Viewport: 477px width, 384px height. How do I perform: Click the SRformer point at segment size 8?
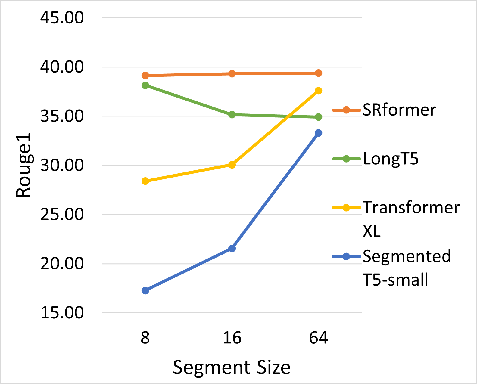point(145,75)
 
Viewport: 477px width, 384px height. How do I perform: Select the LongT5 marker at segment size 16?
point(232,115)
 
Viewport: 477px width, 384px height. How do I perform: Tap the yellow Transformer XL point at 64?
point(318,91)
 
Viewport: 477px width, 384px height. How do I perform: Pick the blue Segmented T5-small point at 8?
point(145,290)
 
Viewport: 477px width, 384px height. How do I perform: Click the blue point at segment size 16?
point(232,248)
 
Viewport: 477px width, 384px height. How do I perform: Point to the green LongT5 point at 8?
point(145,85)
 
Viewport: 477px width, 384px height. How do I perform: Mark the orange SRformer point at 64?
point(318,73)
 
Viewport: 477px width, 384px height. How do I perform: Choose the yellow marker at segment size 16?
point(232,165)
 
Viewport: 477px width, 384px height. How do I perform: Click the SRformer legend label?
point(399,110)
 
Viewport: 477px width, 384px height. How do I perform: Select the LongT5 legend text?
point(391,159)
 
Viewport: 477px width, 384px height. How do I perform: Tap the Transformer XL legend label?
point(411,219)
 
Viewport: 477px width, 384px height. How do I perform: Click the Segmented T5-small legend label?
point(407,268)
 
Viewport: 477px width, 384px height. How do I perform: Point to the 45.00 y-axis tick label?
point(62,18)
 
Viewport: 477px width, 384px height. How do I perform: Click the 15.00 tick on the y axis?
point(62,313)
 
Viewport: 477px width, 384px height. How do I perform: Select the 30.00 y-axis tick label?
point(62,165)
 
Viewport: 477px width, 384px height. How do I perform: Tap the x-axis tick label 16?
point(232,338)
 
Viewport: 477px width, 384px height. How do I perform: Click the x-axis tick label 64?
point(318,338)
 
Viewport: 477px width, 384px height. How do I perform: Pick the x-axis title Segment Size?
point(232,367)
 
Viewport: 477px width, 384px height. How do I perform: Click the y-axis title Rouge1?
point(23,165)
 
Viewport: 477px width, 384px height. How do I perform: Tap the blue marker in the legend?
point(346,256)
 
